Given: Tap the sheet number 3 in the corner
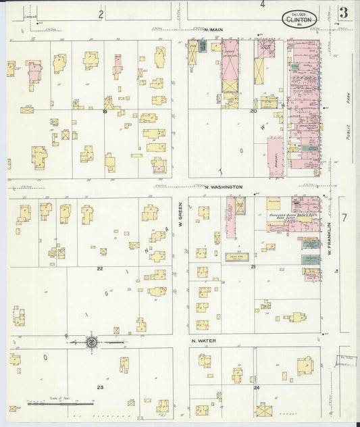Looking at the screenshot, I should [x=344, y=13].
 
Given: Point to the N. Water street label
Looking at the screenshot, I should [x=203, y=341].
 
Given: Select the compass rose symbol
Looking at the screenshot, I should [x=91, y=343].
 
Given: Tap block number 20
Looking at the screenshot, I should [x=253, y=111].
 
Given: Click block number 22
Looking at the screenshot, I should [x=99, y=268].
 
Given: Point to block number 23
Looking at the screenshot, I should [x=99, y=387].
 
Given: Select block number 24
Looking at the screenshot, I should [x=256, y=388].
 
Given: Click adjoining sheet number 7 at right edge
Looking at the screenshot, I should [x=344, y=218].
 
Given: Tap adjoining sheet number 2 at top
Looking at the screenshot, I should [x=100, y=14].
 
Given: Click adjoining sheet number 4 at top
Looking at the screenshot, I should [x=262, y=5].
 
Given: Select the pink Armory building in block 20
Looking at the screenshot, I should [x=276, y=157].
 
